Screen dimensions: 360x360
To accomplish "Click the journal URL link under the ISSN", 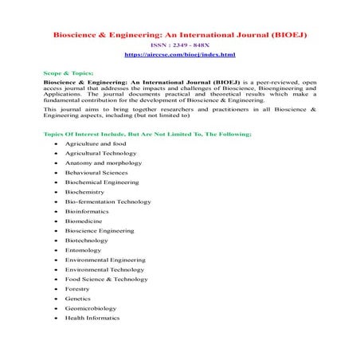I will [x=180, y=54].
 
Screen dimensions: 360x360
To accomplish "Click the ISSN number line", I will [x=180, y=45].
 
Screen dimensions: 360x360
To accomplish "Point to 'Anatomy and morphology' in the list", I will [x=103, y=162].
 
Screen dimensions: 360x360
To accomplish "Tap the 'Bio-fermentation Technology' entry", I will [x=108, y=202].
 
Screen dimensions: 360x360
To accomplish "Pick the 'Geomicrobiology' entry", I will [x=91, y=308].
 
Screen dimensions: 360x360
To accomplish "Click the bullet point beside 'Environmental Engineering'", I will [x=55, y=260].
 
